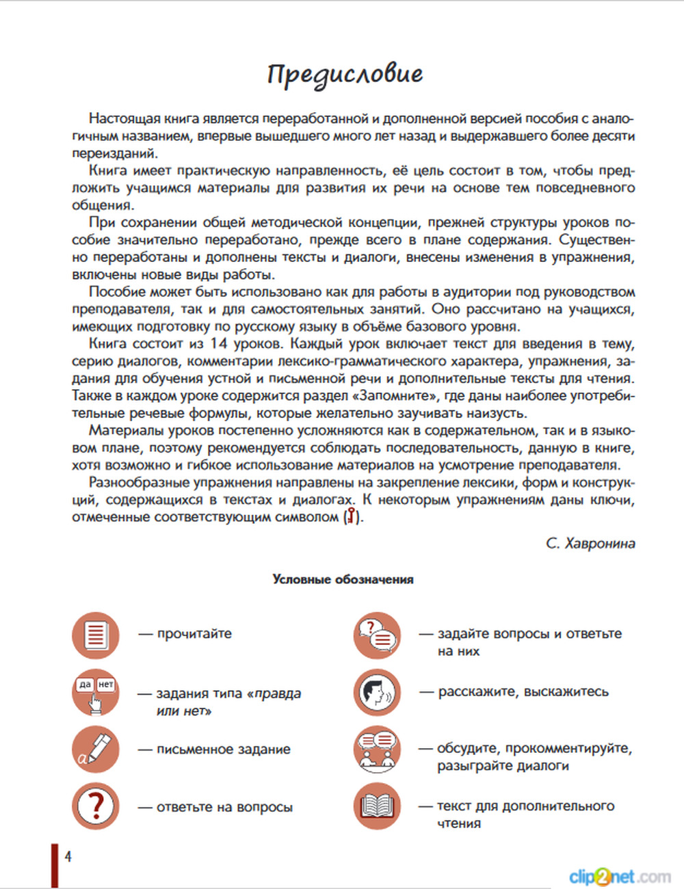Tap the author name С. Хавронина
(590, 544)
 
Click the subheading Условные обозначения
(343, 579)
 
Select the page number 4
(68, 856)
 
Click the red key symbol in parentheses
(352, 516)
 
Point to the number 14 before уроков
(219, 343)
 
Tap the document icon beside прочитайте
(96, 635)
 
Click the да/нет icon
(96, 692)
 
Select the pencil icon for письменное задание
(96, 749)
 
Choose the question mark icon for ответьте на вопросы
(96, 807)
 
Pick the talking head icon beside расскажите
(377, 692)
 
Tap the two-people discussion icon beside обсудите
(377, 749)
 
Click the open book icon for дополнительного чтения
(377, 807)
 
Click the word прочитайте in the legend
(194, 634)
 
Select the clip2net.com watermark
(619, 876)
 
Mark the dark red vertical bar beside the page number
(55, 866)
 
